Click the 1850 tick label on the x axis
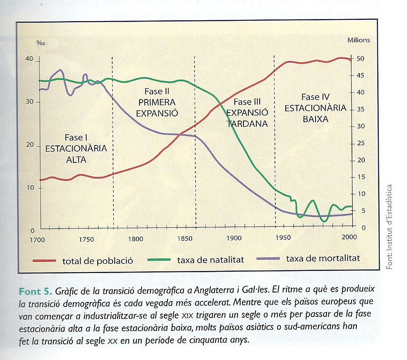(185, 239)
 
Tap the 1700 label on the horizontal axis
(37, 239)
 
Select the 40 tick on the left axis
(29, 59)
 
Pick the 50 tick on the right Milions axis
(360, 58)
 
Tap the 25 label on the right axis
(360, 143)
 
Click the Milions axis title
(359, 40)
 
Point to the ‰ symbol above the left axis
(41, 43)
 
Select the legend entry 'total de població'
(97, 261)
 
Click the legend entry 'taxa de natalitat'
(210, 260)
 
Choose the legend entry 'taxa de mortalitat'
(323, 259)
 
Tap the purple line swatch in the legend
(269, 259)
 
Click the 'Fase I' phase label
(76, 138)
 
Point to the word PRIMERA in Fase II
(157, 102)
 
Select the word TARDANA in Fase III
(247, 123)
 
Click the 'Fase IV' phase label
(315, 97)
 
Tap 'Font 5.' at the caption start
(34, 288)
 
